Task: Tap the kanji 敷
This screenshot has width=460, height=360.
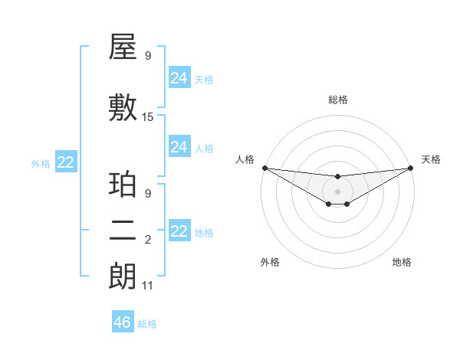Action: [x=123, y=108]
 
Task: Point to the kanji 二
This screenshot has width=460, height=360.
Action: [x=123, y=231]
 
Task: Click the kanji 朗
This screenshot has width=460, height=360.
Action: [x=123, y=277]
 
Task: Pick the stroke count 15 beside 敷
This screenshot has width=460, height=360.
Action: [x=148, y=117]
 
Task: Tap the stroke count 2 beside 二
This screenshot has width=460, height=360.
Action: [x=148, y=240]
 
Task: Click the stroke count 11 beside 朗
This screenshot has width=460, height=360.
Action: [x=148, y=286]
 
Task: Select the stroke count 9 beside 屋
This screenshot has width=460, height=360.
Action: [x=148, y=56]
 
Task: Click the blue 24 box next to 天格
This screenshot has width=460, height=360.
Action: [x=179, y=78]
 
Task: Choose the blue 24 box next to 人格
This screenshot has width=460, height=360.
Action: [x=179, y=147]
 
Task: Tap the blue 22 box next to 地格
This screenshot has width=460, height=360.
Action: [x=179, y=231]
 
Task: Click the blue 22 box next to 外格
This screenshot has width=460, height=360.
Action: [x=66, y=162]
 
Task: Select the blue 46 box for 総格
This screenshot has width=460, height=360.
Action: [x=123, y=322]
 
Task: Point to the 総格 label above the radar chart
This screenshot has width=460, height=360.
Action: [x=337, y=100]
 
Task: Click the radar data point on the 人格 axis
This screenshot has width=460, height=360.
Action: [x=264, y=168]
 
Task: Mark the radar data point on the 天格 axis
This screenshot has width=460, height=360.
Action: [x=410, y=168]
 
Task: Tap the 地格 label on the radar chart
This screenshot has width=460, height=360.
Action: [x=402, y=263]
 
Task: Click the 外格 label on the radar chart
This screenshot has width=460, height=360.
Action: [x=270, y=263]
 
